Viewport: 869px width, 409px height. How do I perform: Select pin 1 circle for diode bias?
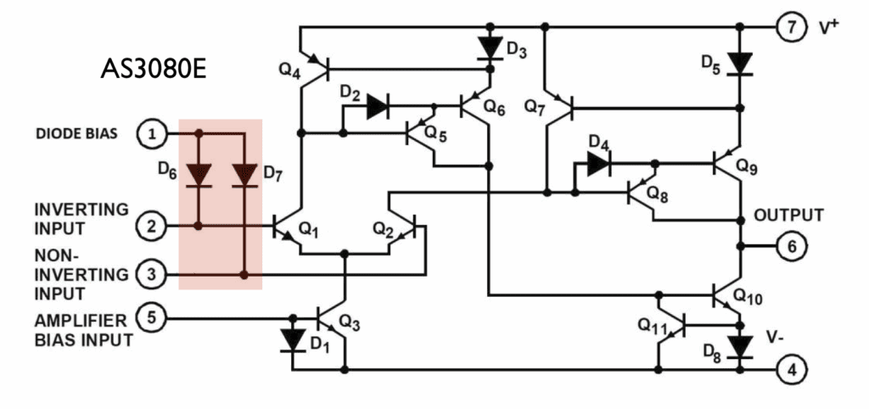[152, 133]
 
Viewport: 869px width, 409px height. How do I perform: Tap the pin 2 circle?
[152, 227]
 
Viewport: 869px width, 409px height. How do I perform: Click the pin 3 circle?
[152, 275]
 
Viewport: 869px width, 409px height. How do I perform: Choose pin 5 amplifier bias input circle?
[152, 318]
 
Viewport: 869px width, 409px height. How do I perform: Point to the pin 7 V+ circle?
[789, 25]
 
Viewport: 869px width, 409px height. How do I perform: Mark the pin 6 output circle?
[789, 247]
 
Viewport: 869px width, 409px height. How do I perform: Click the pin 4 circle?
[789, 371]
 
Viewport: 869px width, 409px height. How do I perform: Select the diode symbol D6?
[198, 175]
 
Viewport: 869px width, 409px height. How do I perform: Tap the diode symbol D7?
[244, 175]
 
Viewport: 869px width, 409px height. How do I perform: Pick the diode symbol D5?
[741, 63]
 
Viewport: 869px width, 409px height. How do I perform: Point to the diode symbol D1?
[293, 340]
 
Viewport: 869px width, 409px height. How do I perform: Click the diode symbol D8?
[741, 346]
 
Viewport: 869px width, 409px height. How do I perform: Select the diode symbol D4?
[599, 164]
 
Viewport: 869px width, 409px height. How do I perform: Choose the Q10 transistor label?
[748, 297]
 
